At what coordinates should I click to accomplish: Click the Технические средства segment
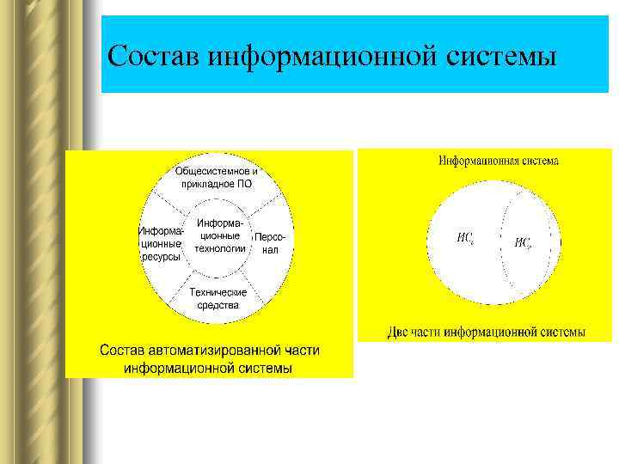click(x=218, y=298)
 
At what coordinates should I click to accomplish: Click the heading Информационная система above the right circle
click(x=498, y=161)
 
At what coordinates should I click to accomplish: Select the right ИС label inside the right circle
click(x=523, y=243)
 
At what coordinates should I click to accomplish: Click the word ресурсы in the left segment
click(x=161, y=257)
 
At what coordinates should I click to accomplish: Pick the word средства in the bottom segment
click(x=218, y=305)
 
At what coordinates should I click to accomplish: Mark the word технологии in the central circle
click(x=220, y=249)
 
